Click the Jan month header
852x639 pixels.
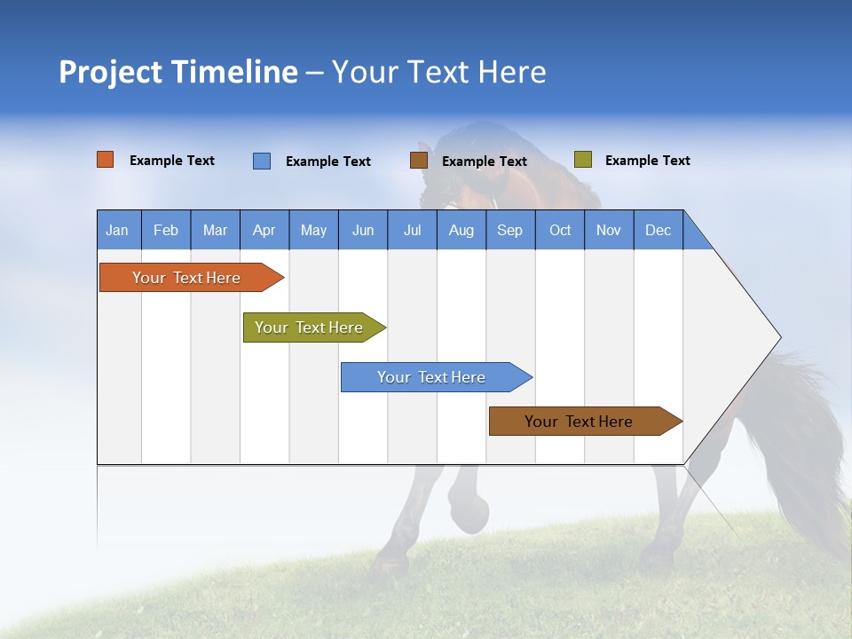click(117, 230)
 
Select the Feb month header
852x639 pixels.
click(166, 230)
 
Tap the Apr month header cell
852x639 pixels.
click(264, 230)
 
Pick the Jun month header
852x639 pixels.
click(363, 230)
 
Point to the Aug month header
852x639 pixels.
click(461, 230)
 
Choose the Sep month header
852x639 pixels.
click(509, 230)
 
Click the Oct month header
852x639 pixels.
click(560, 230)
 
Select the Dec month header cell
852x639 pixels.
click(658, 230)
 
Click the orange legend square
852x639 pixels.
click(106, 160)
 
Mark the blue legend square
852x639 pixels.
click(262, 161)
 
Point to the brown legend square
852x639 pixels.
click(419, 161)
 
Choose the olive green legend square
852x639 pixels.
click(583, 160)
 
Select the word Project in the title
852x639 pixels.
click(111, 72)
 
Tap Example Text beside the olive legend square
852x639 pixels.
click(647, 161)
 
